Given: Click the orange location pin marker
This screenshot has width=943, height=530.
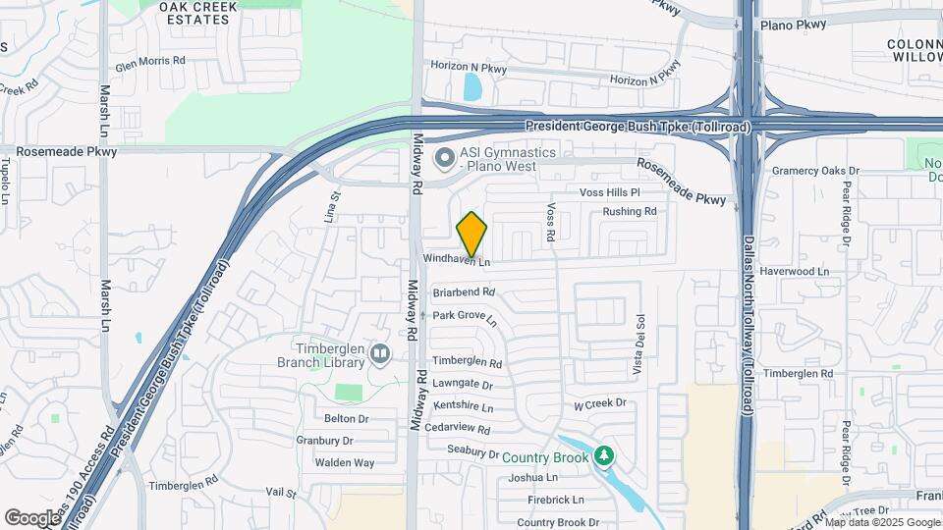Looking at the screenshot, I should coord(471,235).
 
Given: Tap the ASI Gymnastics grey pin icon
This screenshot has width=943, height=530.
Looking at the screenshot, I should coord(445,156).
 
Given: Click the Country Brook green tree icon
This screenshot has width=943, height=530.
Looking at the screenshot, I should coord(604,456).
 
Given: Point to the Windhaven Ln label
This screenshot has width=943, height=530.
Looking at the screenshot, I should coord(456,260).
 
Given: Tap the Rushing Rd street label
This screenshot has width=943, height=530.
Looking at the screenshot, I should coord(630,211).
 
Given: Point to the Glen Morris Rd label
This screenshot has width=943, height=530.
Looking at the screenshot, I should coord(150,61).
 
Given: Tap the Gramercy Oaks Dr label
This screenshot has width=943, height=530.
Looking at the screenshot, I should coord(815,171).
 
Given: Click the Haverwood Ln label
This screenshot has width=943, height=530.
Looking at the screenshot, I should coord(796,271).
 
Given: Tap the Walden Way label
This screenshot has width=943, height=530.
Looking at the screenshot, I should coord(344,462).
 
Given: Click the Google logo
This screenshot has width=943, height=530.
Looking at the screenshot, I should coord(32,517).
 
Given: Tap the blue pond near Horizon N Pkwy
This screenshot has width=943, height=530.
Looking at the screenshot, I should coord(471,88).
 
